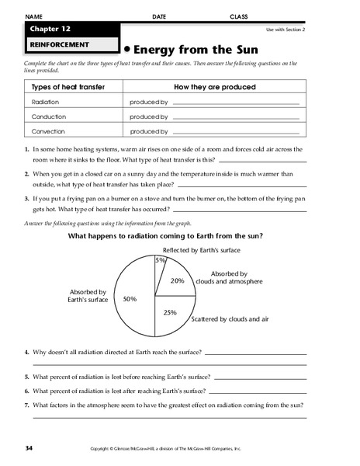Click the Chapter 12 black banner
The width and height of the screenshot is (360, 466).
[x=70, y=30]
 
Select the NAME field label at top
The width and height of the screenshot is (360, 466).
[x=34, y=16]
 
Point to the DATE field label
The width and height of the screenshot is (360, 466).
[x=159, y=16]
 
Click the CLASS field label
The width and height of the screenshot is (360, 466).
[x=240, y=16]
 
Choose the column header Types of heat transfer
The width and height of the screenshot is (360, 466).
[x=67, y=88]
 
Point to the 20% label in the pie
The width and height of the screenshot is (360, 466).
[x=177, y=280]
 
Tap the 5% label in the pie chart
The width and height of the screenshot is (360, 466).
[x=161, y=260]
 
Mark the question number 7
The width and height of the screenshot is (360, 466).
[x=26, y=405]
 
